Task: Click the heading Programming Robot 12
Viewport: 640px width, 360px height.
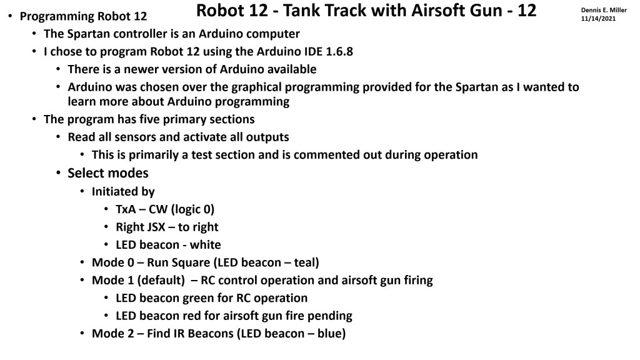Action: (87, 16)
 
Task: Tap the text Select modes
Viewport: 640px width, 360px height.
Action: (108, 172)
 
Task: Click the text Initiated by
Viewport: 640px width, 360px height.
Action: (123, 191)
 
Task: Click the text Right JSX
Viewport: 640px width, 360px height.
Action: (141, 227)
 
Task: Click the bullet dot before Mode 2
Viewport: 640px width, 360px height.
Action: (83, 334)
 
